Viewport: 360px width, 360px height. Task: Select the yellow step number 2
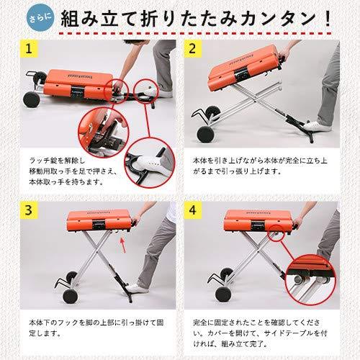[194, 51]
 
